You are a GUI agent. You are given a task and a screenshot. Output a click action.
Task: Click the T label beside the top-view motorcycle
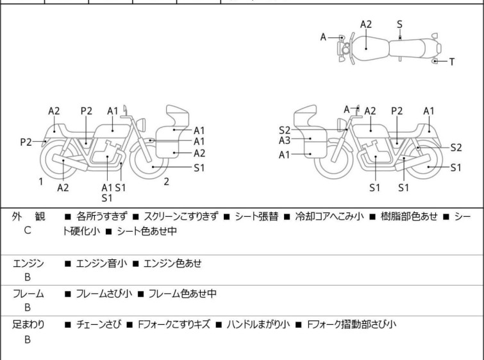coord(452,62)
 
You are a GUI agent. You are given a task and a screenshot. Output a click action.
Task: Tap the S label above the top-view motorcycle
coord(399,24)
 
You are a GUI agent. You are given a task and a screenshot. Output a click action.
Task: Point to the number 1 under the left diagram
coord(40,182)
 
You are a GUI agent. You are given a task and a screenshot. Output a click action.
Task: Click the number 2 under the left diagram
coord(166,182)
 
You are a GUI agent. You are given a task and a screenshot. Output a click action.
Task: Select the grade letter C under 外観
coord(28,229)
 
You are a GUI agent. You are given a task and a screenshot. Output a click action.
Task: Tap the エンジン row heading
coord(28,263)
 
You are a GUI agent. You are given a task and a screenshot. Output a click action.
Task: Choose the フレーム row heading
coord(28,294)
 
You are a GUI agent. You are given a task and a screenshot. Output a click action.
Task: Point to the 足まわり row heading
coord(28,325)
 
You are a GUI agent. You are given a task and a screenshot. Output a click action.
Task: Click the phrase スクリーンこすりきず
coord(181,216)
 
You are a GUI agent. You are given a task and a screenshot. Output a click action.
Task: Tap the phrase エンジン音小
coord(99,263)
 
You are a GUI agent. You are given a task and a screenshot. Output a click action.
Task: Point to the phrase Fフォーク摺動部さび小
coord(352,325)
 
